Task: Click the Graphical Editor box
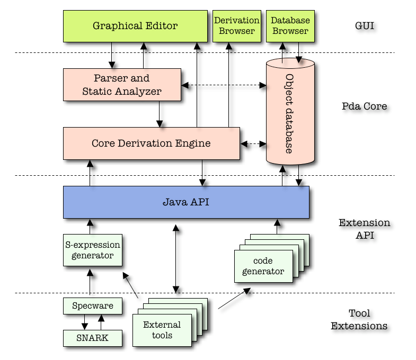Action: (x=135, y=26)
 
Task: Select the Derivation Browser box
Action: (x=237, y=26)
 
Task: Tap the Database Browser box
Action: (x=290, y=26)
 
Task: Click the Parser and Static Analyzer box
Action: (x=122, y=85)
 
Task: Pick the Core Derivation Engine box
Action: (x=152, y=143)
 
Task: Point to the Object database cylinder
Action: (x=290, y=111)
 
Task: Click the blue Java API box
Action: (x=186, y=202)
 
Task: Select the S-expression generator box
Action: (x=93, y=250)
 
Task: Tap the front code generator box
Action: (x=263, y=266)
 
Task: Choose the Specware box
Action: (x=93, y=306)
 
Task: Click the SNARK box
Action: (x=93, y=338)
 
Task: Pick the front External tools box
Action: (x=162, y=330)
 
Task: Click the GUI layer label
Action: (x=365, y=26)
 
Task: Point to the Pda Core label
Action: (x=364, y=106)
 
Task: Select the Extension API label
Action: (x=365, y=229)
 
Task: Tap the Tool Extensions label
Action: (x=359, y=319)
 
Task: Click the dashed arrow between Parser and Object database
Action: (x=224, y=85)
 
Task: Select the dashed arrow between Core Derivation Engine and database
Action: (x=253, y=143)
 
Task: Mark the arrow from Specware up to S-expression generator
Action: (x=90, y=282)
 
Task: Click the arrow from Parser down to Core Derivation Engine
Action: (x=160, y=114)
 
